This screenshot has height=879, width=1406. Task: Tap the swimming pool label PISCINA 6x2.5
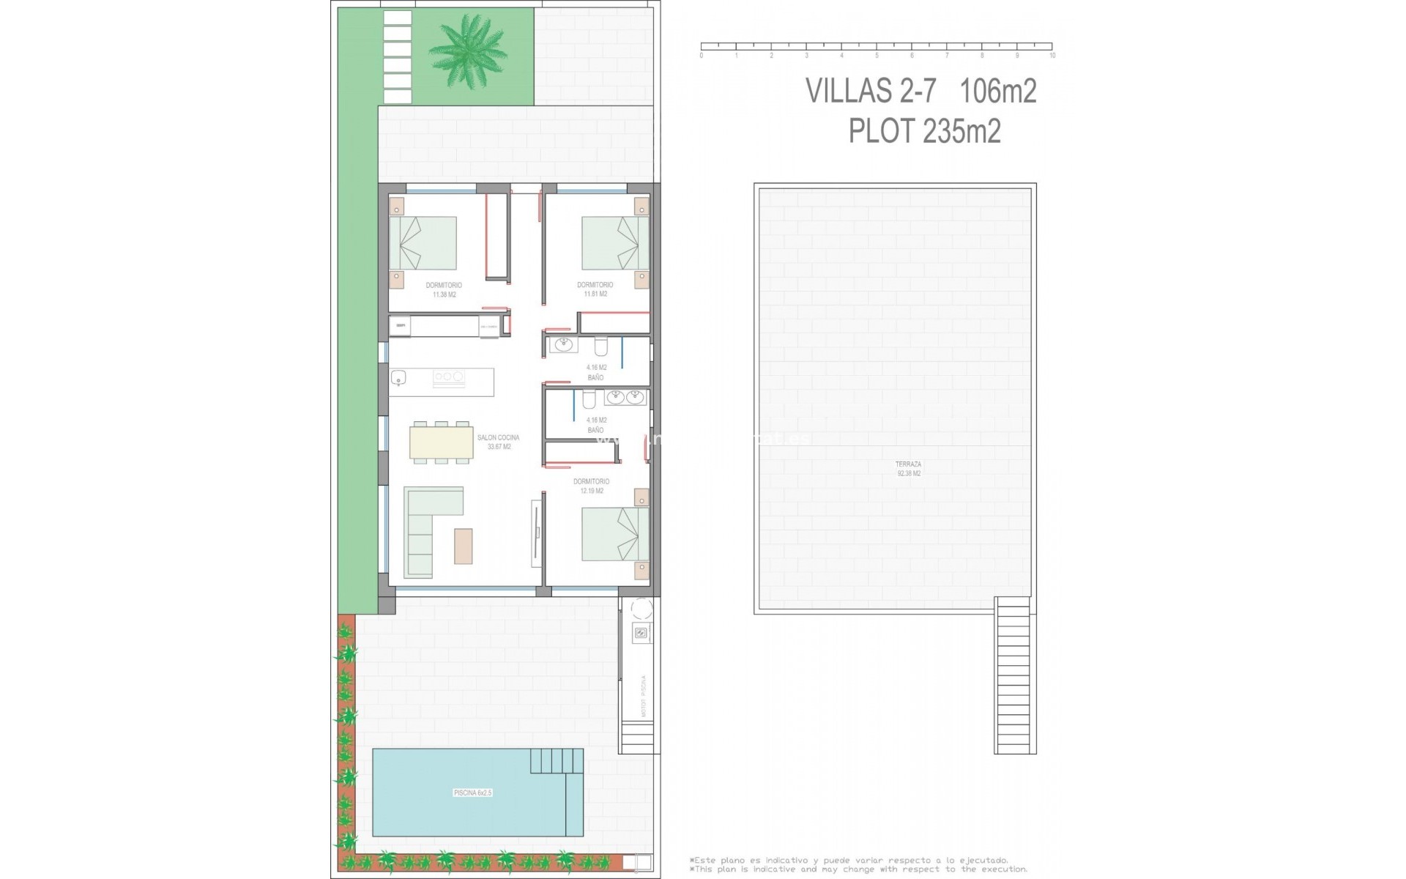click(472, 793)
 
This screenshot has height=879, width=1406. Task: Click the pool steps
click(557, 761)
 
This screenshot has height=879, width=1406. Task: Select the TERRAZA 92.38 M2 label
click(908, 469)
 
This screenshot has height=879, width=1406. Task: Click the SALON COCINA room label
click(498, 442)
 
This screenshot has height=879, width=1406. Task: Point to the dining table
click(442, 442)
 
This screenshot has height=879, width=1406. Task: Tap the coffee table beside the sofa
click(463, 546)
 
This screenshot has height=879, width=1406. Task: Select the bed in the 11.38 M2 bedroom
click(423, 243)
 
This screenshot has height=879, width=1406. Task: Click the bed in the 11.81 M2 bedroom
click(615, 243)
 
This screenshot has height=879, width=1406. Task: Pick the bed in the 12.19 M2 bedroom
click(615, 535)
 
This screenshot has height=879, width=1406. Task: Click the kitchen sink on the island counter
click(398, 378)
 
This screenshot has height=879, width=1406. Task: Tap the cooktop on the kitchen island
click(448, 377)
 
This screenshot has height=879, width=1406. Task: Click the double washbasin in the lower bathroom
click(625, 398)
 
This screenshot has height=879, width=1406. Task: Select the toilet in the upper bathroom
click(601, 346)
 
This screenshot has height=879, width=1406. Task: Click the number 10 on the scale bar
click(1052, 56)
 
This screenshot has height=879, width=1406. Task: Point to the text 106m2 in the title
click(997, 92)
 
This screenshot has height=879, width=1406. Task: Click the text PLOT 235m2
click(924, 132)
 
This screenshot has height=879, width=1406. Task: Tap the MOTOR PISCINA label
click(644, 696)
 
